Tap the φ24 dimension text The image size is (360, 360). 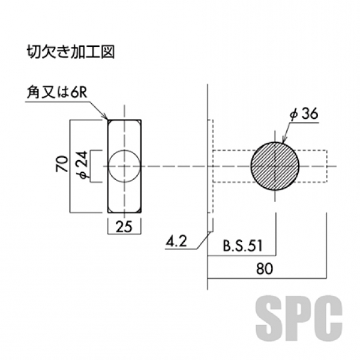(x=82, y=165)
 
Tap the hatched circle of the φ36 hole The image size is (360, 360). (x=275, y=165)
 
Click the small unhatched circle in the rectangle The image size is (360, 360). (x=125, y=165)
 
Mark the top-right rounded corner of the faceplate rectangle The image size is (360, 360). (x=139, y=122)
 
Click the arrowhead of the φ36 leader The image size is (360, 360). (x=280, y=142)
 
